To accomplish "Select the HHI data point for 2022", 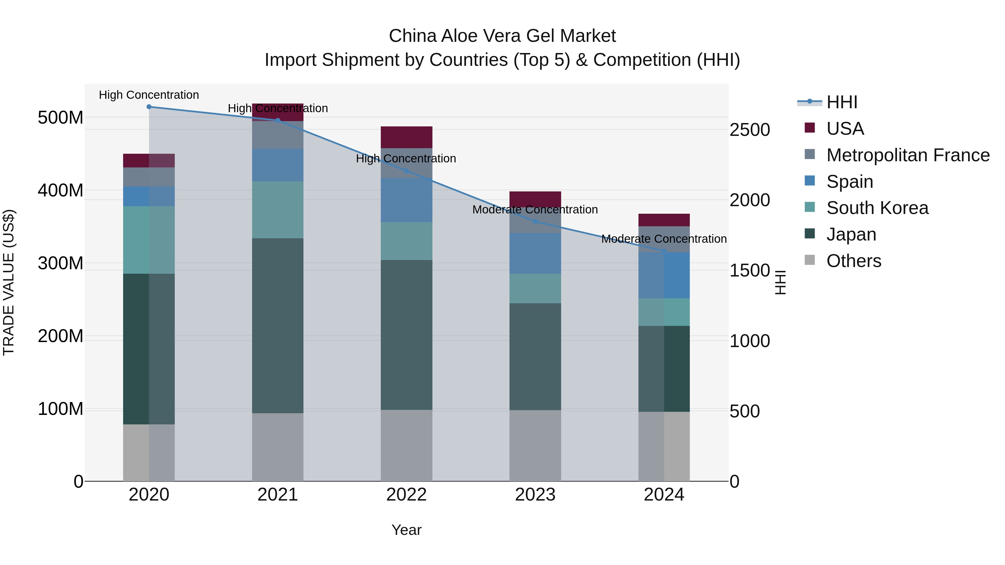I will coord(406,171).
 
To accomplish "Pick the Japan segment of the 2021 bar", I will coord(277,326).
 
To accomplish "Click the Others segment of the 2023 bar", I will coord(535,445).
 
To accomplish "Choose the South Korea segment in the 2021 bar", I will coord(277,210).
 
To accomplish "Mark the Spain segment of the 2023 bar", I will coord(535,253).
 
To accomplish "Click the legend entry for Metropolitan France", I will coord(908,155).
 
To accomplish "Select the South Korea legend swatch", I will coord(810,207).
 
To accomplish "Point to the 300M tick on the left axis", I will coord(61,263).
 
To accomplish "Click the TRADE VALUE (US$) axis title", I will coord(9,282).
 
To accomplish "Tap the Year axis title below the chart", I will coord(406,530).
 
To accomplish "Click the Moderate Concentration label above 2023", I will coord(535,210).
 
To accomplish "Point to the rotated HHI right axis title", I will coord(780,282).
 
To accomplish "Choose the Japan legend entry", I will coord(851,234).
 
